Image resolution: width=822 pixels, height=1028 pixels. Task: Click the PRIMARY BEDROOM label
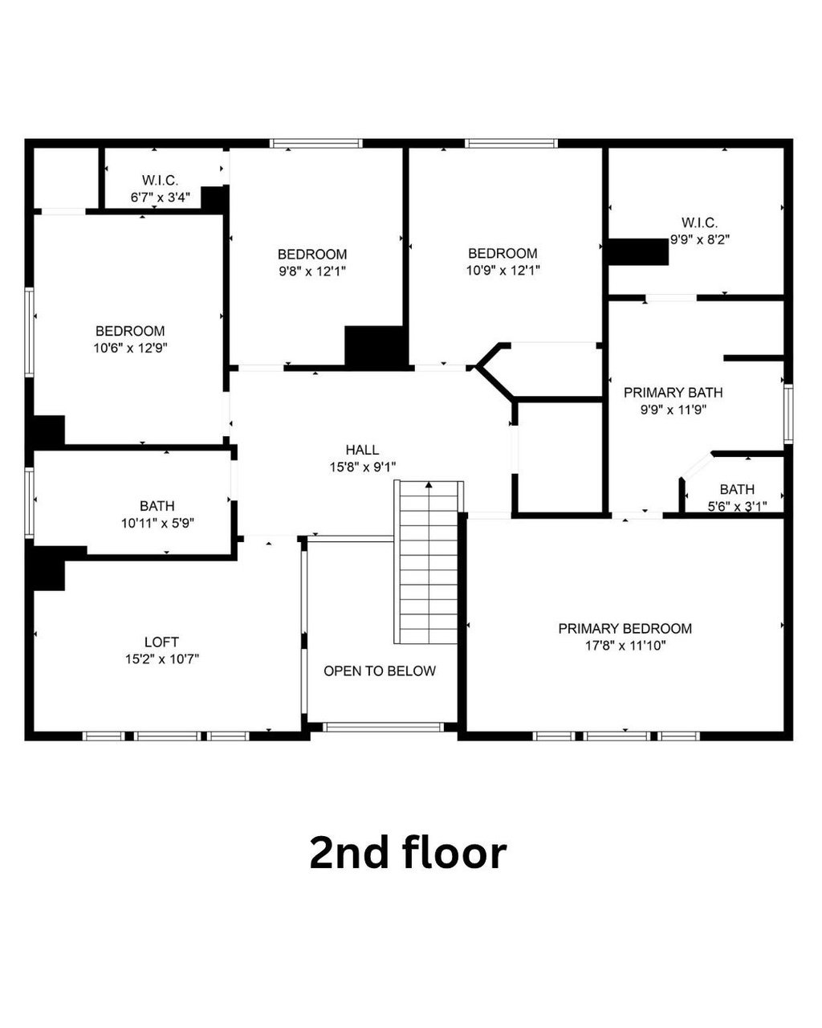[x=625, y=628]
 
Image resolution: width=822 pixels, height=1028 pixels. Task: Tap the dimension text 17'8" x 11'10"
[x=625, y=645]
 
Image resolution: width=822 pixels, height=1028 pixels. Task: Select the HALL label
[x=362, y=450]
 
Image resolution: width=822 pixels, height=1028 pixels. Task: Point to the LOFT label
[x=161, y=642]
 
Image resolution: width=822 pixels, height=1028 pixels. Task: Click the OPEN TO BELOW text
[x=380, y=671]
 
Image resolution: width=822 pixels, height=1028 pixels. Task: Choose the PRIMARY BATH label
[x=673, y=393]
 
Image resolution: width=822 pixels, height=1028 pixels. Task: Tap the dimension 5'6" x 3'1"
[x=736, y=506]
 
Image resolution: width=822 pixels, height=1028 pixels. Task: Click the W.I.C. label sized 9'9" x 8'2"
[x=699, y=222]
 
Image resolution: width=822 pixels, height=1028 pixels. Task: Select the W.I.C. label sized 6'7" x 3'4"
[x=160, y=181]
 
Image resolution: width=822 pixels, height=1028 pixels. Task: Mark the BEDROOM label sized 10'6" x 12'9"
[x=130, y=331]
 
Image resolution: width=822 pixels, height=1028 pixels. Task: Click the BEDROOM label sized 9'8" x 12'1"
[x=312, y=254]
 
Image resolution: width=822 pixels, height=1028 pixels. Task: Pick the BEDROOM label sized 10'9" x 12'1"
[x=503, y=254]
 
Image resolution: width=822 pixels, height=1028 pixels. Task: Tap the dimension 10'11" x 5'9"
[x=157, y=523]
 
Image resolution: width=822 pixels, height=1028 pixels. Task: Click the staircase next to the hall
[x=429, y=562]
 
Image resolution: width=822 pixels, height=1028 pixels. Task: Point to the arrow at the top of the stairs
[x=429, y=485]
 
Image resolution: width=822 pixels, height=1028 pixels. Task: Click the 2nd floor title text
[x=408, y=852]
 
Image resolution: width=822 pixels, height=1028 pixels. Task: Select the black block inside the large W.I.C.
[x=638, y=251]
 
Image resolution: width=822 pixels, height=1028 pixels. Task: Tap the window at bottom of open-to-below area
[x=383, y=728]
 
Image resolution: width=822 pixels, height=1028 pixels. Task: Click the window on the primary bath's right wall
[x=788, y=414]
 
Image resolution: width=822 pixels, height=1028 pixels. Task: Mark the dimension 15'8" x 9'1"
[x=362, y=467]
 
